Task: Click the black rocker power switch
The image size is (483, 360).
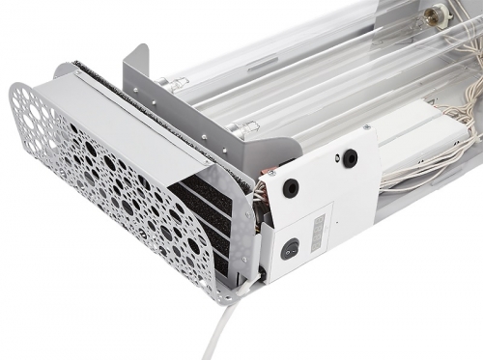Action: tap(290, 248)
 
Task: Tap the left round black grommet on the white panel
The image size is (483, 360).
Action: tap(291, 189)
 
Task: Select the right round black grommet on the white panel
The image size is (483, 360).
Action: tap(349, 158)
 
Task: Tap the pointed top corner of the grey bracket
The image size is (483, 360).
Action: tap(143, 46)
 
